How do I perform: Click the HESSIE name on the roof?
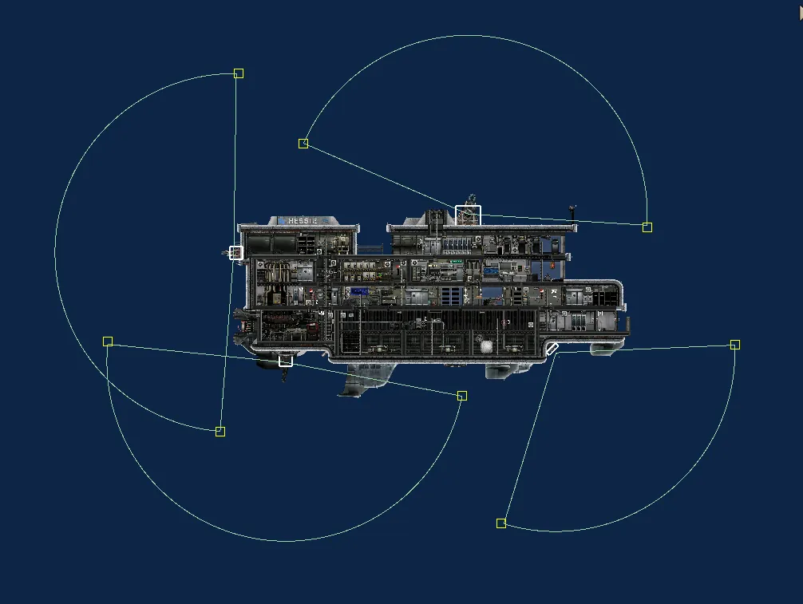[303, 220]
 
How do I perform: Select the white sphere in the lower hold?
[485, 345]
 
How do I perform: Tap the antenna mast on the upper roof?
[572, 213]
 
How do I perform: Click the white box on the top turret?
[469, 215]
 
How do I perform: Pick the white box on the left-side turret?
[235, 253]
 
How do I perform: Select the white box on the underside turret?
[286, 361]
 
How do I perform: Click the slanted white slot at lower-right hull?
[552, 349]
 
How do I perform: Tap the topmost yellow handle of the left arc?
[239, 73]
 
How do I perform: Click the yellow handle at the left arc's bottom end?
[220, 432]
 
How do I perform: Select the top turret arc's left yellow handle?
[303, 144]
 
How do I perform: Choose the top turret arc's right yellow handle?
[647, 227]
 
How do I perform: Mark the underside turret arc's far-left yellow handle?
[108, 341]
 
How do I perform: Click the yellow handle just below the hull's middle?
[462, 396]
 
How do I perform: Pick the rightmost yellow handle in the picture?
[735, 345]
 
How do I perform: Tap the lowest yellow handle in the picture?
[501, 523]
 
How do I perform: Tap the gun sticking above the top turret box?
[473, 197]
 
